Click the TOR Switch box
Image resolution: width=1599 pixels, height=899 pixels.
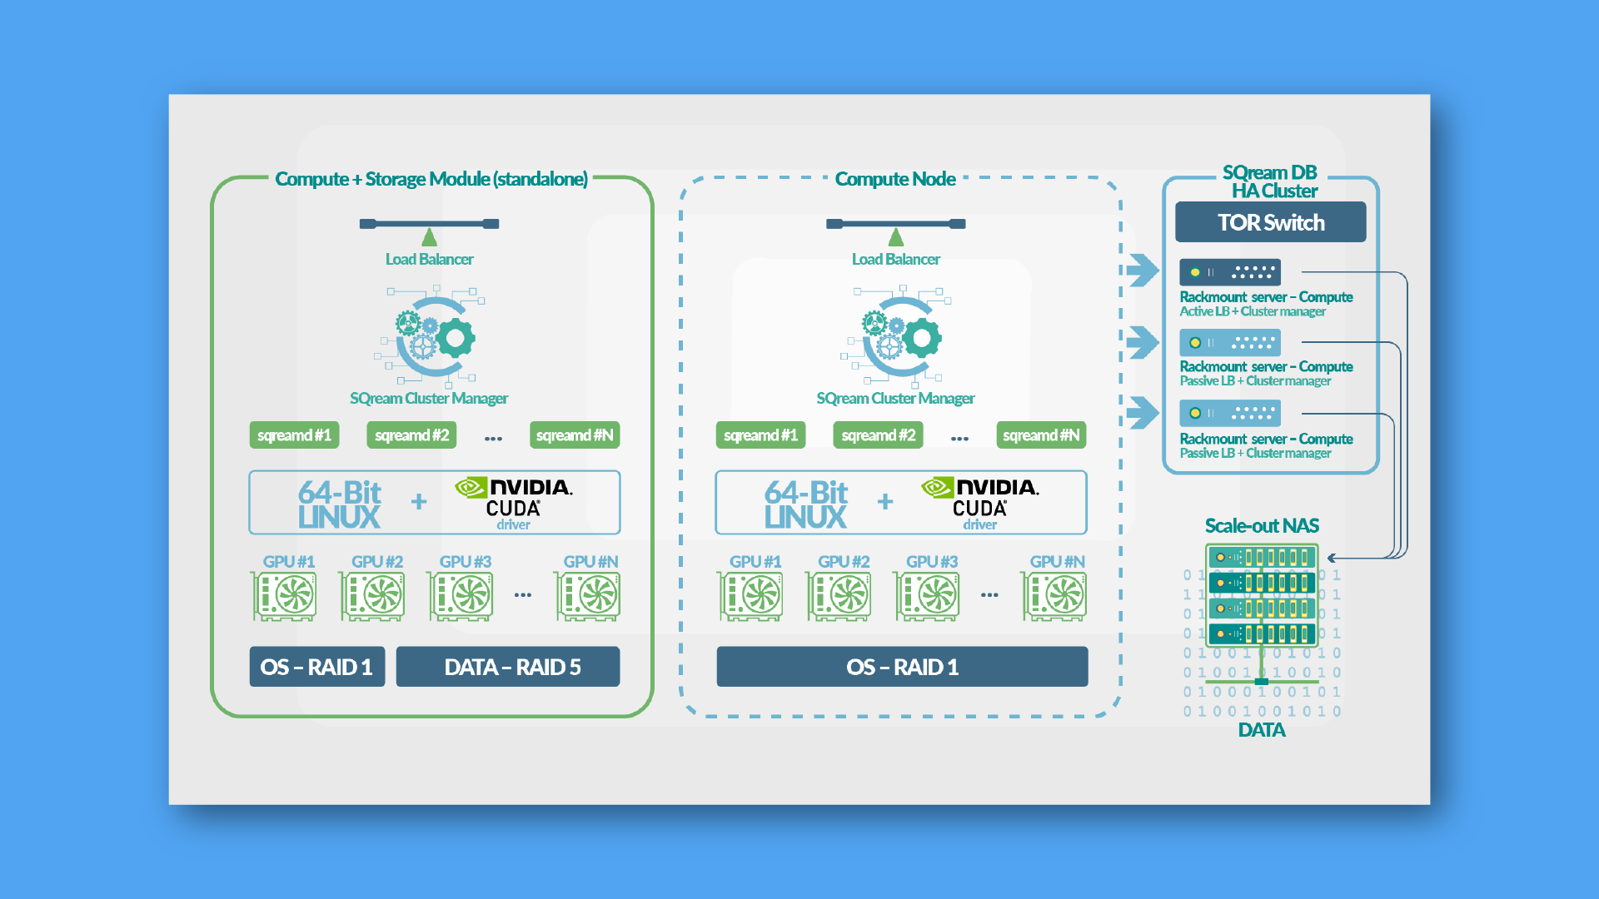[x=1270, y=222]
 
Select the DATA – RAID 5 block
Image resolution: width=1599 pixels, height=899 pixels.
[x=507, y=667]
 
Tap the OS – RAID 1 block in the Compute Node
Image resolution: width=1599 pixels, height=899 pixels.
[x=902, y=667]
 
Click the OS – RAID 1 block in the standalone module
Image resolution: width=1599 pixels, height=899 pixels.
[x=316, y=667]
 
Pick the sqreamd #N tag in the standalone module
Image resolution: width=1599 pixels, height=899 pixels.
[x=574, y=435]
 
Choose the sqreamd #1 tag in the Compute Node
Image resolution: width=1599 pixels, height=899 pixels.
[x=760, y=435]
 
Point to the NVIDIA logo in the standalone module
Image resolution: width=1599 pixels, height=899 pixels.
[x=514, y=487]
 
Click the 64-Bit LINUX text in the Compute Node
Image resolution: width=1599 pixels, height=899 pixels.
[x=805, y=504]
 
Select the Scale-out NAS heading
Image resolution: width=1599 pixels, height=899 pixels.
[x=1262, y=525]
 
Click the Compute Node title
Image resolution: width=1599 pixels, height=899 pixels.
[x=895, y=179]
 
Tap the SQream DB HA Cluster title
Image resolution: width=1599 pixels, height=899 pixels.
[x=1271, y=181]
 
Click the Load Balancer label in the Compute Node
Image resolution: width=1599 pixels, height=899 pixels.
[x=895, y=259]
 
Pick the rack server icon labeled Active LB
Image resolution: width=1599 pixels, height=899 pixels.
[x=1229, y=272]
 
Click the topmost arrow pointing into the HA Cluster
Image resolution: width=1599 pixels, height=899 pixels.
[x=1143, y=270]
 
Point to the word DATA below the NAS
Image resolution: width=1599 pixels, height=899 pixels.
[x=1262, y=730]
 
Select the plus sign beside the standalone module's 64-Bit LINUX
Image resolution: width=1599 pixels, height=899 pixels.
[x=419, y=501]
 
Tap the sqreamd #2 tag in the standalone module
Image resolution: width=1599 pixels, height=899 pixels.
[x=411, y=435]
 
